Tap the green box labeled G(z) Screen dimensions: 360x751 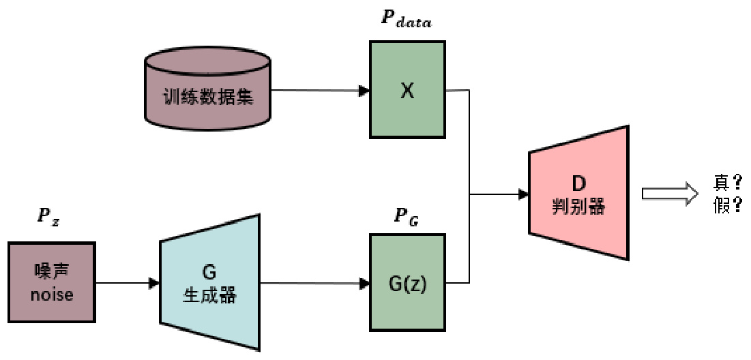tap(407, 282)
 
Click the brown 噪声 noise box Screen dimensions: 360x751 tap(52, 282)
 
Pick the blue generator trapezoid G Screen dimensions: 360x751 tap(209, 282)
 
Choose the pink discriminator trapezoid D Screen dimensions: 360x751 tap(578, 194)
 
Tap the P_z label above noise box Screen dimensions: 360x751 tap(48, 217)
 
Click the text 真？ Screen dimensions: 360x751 tap(727, 183)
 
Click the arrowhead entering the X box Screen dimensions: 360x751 tap(364, 90)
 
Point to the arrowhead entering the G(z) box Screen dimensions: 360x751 tap(364, 282)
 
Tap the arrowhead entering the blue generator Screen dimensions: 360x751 tap(155, 282)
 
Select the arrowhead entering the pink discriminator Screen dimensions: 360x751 tap(523, 194)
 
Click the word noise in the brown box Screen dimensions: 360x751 tap(52, 295)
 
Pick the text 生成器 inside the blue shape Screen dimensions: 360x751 tap(209, 297)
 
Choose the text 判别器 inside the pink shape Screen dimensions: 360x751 tap(578, 206)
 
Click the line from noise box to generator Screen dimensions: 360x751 tap(126, 282)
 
